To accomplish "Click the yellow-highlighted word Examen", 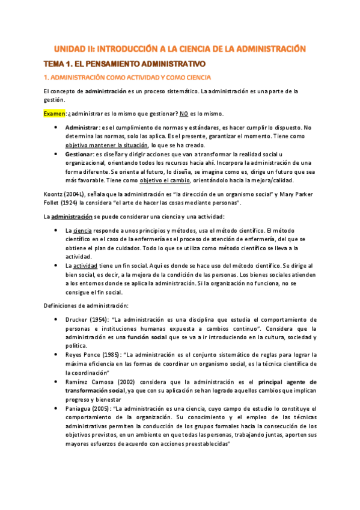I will point(55,113).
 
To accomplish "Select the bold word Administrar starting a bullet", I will point(82,127).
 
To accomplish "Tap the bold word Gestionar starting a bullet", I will point(79,154).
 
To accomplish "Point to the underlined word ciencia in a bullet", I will point(83,230).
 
